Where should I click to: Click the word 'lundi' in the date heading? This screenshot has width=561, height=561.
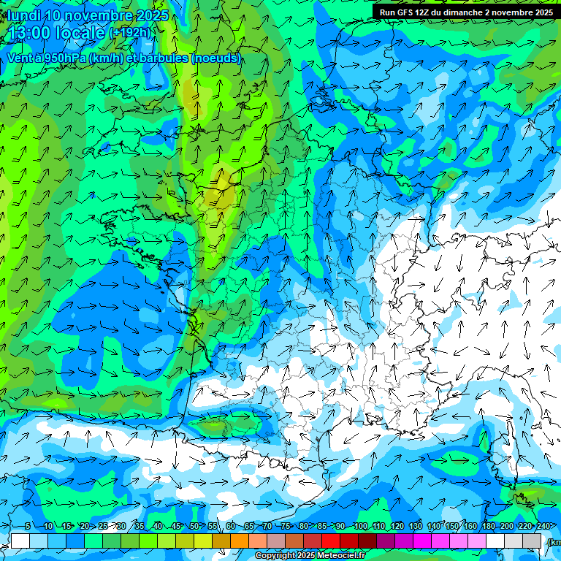[23, 15]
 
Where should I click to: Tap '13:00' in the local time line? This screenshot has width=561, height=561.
[33, 33]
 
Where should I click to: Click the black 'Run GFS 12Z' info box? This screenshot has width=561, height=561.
[466, 12]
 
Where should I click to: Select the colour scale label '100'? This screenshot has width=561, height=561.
[360, 527]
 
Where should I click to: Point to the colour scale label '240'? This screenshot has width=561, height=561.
[543, 527]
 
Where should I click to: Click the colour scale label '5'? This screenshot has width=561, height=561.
[27, 527]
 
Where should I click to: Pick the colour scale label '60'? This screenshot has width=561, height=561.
[231, 527]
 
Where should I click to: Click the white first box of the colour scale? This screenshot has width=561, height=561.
[20, 541]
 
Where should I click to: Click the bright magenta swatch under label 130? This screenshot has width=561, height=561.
[422, 541]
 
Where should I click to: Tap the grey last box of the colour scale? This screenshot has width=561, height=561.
[532, 541]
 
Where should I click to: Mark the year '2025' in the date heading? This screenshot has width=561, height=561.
[151, 15]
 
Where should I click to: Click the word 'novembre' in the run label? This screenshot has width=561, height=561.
[518, 12]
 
